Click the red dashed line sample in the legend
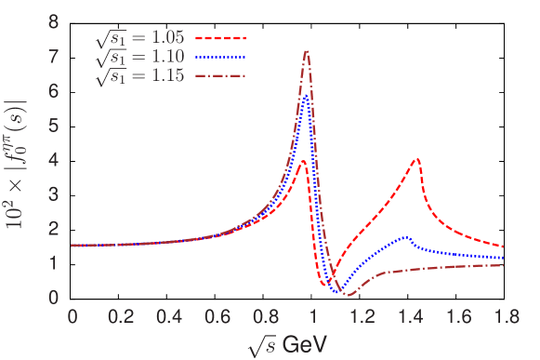[x=222, y=39]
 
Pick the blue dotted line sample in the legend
[x=222, y=59]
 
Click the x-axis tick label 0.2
[x=120, y=316]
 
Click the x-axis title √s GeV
[x=287, y=344]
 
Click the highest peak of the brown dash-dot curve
[x=307, y=51]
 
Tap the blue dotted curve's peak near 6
[x=305, y=95]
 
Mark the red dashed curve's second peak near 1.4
[x=416, y=159]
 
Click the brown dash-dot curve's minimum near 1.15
[x=349, y=294]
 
